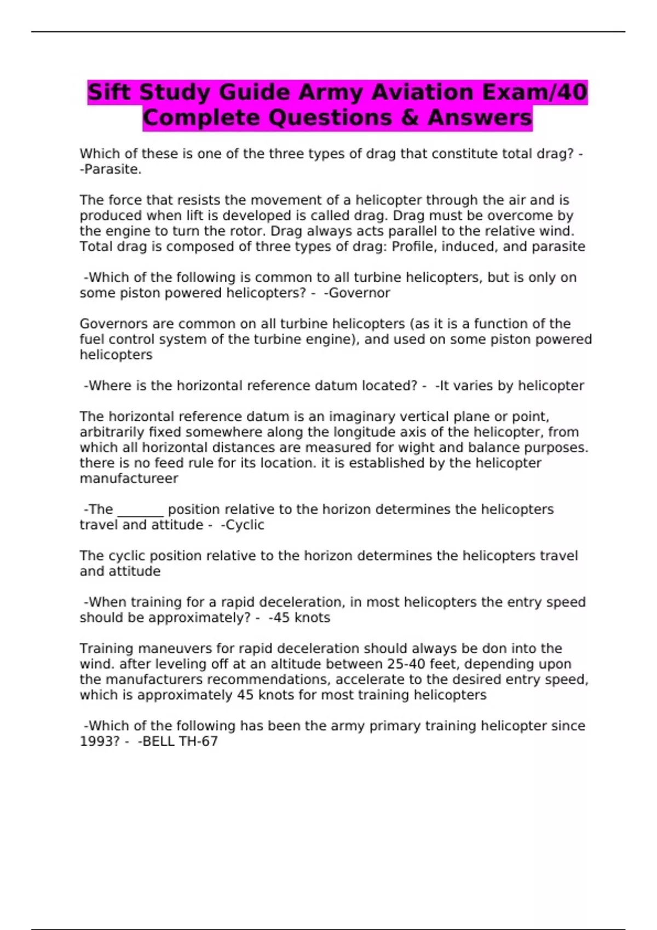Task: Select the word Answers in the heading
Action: click(480, 118)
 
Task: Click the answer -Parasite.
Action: click(111, 170)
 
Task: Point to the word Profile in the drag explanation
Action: click(414, 247)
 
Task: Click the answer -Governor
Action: click(357, 293)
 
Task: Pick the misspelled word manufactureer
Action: click(129, 479)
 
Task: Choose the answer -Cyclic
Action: click(243, 525)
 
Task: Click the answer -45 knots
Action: click(299, 618)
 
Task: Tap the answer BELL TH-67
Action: click(178, 741)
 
